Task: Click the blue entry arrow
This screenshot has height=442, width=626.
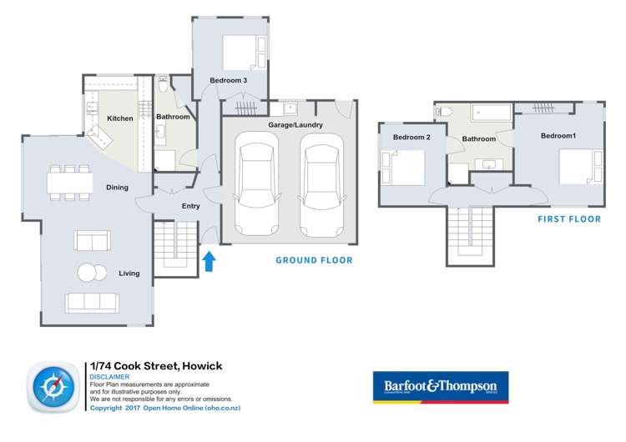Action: [x=209, y=262]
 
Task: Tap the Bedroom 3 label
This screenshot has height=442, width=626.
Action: [x=228, y=80]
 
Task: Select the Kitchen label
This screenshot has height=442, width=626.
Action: [x=119, y=118]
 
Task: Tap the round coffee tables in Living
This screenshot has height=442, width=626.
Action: [x=91, y=273]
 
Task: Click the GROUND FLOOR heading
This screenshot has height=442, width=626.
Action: [x=314, y=260]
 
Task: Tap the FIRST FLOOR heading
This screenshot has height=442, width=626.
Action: [x=569, y=219]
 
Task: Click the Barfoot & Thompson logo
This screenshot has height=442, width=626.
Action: [x=440, y=387]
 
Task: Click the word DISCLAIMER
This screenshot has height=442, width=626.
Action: [x=109, y=377]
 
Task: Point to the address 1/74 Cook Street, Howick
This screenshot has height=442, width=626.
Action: [x=155, y=365]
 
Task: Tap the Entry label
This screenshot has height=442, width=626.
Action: [x=191, y=206]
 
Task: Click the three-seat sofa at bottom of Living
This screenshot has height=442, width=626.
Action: [x=92, y=301]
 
